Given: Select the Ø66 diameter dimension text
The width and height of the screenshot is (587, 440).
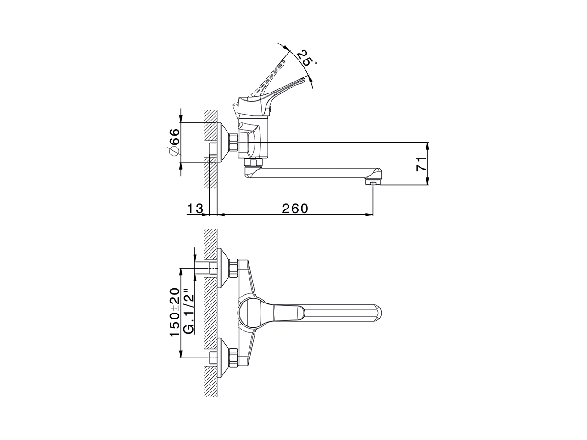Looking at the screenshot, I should [x=174, y=143].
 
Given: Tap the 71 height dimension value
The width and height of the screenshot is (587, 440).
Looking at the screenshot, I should [x=421, y=164].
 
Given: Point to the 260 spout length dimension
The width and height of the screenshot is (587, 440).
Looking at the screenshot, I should [x=295, y=209].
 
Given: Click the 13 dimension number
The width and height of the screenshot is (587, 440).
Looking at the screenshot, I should [x=194, y=209].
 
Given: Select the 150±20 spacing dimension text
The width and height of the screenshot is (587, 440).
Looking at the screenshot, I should [x=174, y=313].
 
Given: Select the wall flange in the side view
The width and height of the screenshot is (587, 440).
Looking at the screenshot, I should [x=223, y=143].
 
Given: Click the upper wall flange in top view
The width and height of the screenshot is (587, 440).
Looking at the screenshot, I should [x=223, y=268].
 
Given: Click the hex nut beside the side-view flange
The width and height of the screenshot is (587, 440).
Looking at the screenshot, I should [x=233, y=143].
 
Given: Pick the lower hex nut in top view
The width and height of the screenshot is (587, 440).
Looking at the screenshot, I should [x=233, y=357].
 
